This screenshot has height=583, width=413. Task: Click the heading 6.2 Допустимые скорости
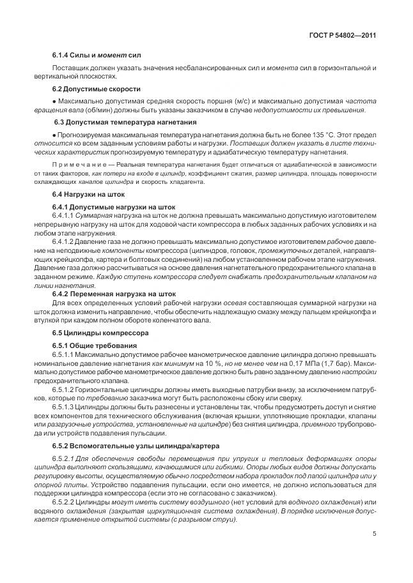pos(96,89)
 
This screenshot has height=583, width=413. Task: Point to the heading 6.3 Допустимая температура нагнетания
pos(116,122)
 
